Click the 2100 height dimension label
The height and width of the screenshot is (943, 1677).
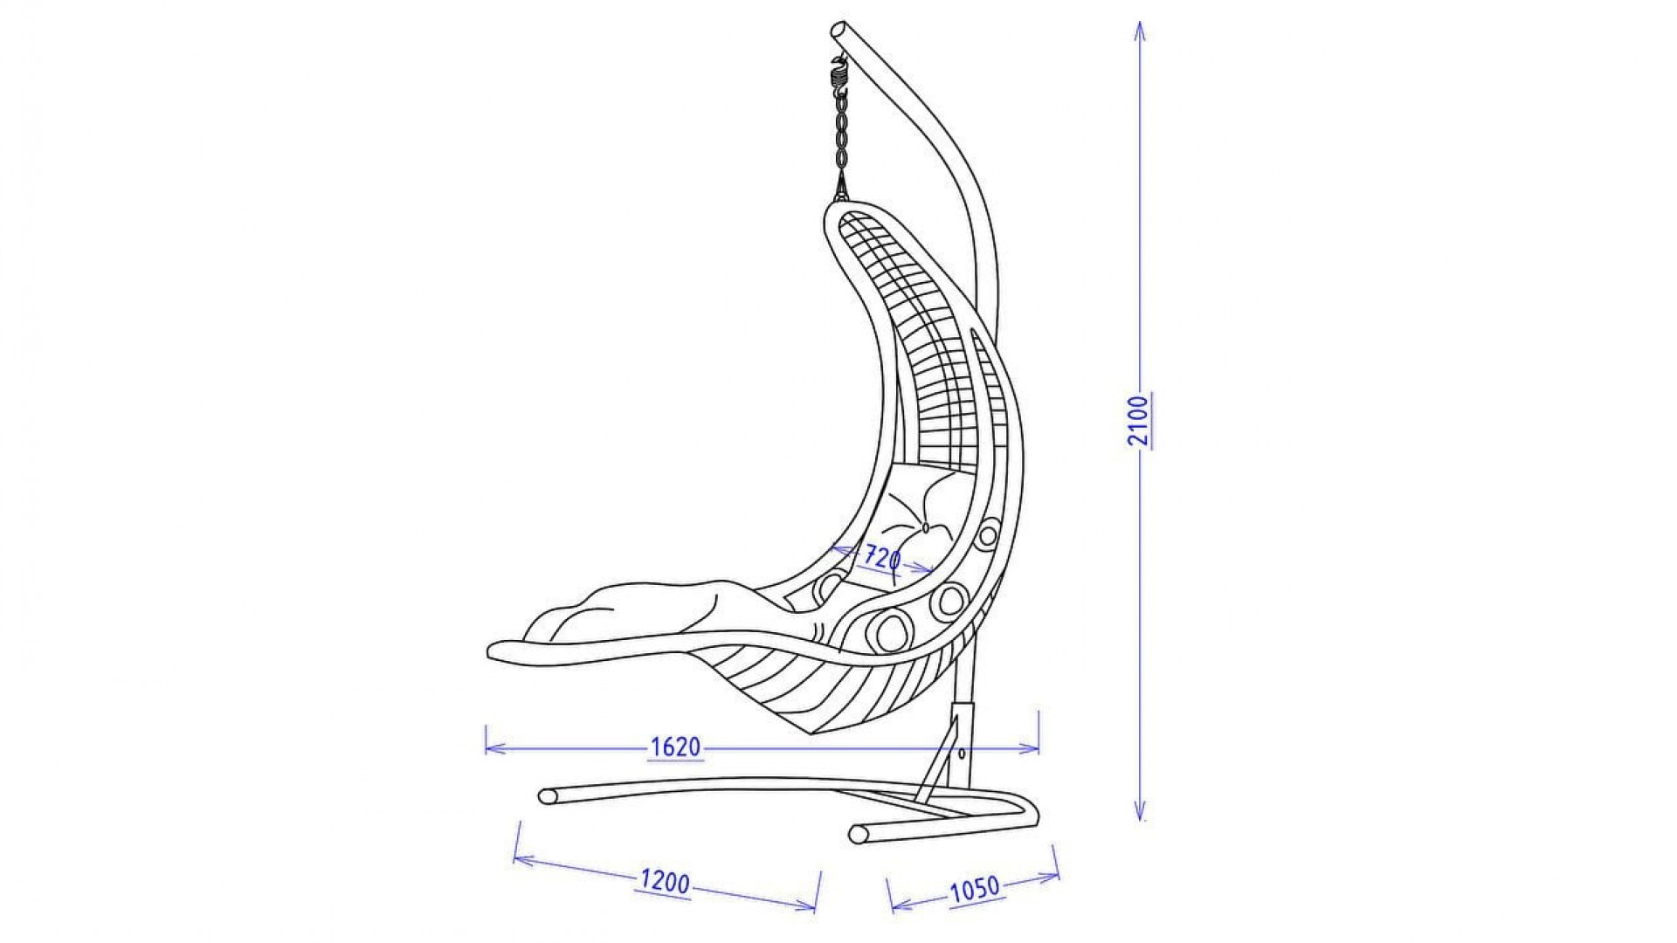click(x=1137, y=420)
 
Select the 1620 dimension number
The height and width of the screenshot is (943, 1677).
click(x=676, y=747)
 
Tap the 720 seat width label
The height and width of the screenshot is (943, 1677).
click(x=882, y=557)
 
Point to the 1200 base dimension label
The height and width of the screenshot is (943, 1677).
click(x=666, y=883)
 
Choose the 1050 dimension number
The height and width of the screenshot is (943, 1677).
click(x=974, y=889)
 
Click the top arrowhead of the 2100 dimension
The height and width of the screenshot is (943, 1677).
click(x=1140, y=31)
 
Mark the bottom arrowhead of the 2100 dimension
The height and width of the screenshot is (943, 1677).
click(x=1140, y=811)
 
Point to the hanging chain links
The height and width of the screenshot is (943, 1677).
click(x=841, y=136)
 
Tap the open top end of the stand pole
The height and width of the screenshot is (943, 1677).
click(x=839, y=29)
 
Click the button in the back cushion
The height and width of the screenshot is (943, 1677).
click(x=924, y=527)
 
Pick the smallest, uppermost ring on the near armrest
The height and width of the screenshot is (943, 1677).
click(x=989, y=534)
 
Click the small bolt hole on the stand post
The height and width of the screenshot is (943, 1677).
click(x=962, y=753)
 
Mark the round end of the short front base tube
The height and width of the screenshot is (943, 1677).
click(x=858, y=834)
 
